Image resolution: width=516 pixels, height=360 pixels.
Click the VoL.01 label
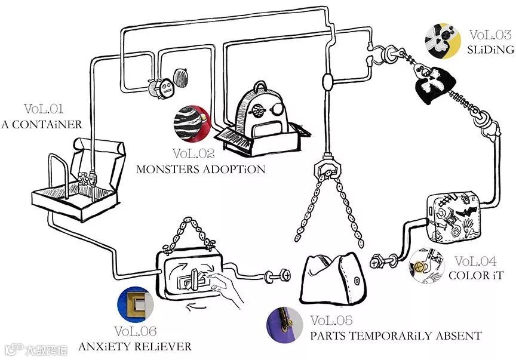point(44,109)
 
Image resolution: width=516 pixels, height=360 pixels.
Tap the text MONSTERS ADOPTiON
point(201,169)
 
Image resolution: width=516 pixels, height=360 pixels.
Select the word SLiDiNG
point(491,50)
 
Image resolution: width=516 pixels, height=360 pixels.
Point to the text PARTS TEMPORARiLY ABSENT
point(395,336)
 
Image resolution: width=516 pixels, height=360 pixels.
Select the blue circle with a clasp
point(136,306)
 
